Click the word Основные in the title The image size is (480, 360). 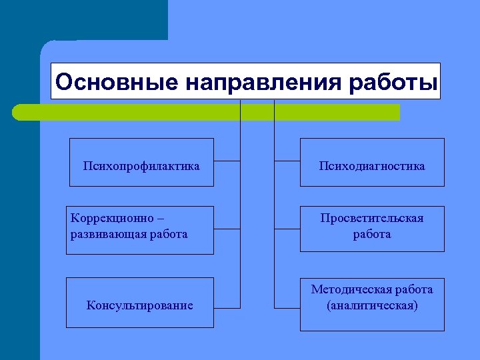click(117, 82)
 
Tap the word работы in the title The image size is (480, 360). click(393, 82)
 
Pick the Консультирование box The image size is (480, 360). click(139, 305)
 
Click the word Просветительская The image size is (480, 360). click(371, 219)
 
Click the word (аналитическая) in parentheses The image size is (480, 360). click(372, 305)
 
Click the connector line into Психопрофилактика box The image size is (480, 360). click(227, 161)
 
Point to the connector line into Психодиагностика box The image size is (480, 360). click(287, 161)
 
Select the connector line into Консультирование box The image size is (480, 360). click(227, 308)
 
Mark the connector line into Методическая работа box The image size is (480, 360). click(287, 308)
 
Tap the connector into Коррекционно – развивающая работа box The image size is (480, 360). click(227, 229)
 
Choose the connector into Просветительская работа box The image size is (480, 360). click(287, 229)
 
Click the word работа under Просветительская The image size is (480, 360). click(372, 234)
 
